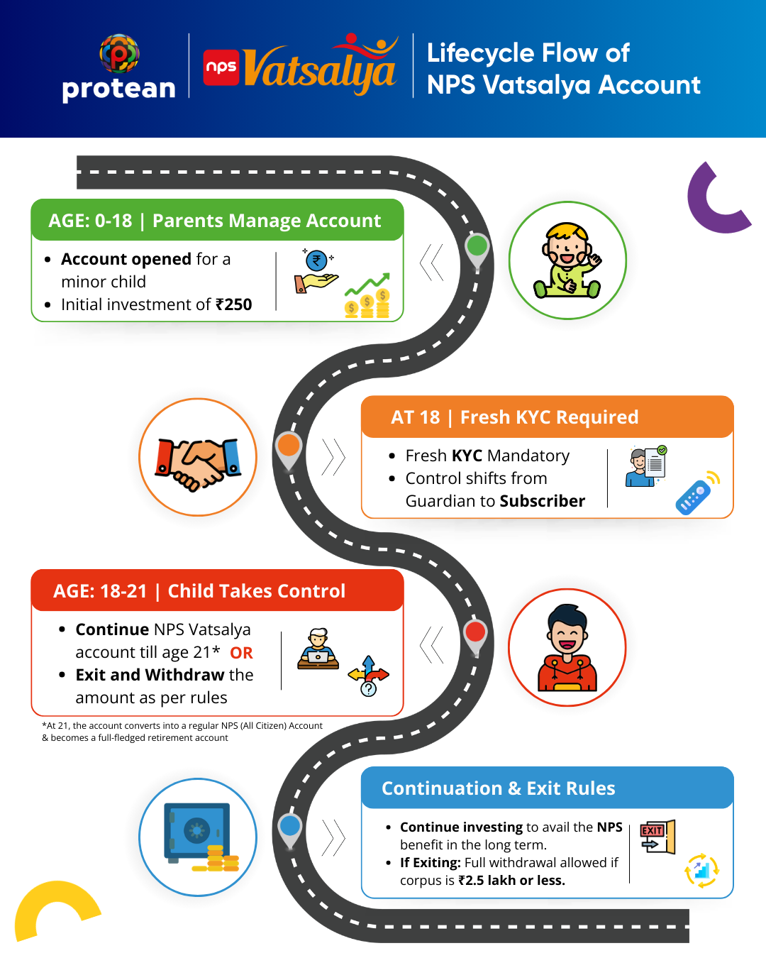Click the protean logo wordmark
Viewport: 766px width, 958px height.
point(118,89)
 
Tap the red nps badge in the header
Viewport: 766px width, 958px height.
point(221,67)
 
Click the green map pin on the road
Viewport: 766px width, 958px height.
point(477,248)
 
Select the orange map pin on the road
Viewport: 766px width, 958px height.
point(289,446)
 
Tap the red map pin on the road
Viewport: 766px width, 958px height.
point(475,632)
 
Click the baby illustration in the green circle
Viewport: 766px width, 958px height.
point(567,260)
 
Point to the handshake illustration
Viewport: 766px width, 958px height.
point(198,462)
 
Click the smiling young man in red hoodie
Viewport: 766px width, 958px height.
point(567,648)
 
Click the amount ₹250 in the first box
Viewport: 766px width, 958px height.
point(234,304)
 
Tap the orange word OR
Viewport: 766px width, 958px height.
point(241,653)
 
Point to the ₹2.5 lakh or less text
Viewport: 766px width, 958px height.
point(511,881)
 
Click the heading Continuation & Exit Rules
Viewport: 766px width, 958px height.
point(498,788)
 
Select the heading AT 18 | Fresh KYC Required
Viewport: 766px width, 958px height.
point(514,417)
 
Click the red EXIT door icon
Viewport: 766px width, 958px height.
point(657,837)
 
